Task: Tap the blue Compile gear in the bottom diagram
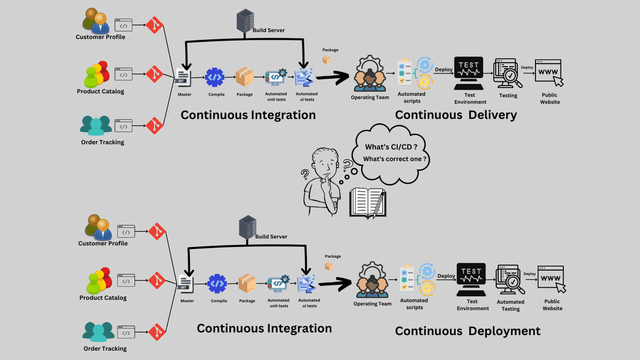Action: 217,284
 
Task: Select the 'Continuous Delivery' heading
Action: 456,115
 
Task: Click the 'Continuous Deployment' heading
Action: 467,331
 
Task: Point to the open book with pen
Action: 368,203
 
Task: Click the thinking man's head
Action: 325,162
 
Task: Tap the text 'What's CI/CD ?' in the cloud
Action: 391,147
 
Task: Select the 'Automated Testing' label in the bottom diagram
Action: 510,305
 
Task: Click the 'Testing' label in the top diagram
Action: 508,96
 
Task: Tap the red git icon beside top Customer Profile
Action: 154,25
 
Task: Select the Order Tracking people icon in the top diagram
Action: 96,125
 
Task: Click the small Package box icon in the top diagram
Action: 326,60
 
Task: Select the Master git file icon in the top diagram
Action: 183,78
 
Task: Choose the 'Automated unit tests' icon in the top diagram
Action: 276,77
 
